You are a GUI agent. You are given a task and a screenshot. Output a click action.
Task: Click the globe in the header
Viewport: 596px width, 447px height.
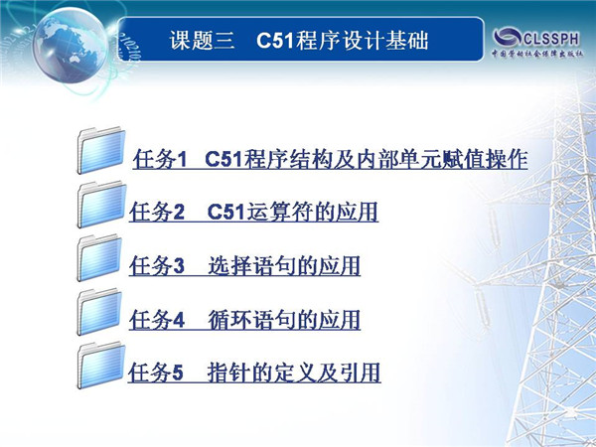pos(70,46)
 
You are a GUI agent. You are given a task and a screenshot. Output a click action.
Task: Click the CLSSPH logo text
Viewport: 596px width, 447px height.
pos(551,39)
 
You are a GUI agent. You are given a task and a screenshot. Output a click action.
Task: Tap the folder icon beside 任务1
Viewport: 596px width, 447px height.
pos(101,150)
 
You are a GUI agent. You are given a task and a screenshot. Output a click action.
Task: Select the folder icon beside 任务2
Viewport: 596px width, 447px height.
pos(101,205)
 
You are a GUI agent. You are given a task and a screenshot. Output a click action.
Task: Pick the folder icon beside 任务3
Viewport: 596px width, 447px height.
pos(99,258)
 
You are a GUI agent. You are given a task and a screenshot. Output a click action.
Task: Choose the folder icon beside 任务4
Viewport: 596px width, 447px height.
pos(99,313)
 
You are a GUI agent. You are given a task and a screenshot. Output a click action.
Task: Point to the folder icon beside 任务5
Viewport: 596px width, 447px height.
pos(101,366)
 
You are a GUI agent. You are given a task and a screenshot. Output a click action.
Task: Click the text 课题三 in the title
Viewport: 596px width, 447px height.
pos(202,41)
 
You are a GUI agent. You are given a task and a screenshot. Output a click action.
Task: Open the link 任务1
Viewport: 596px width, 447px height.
pos(160,159)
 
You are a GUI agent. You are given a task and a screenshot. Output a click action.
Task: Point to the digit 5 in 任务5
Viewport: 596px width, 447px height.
pos(178,372)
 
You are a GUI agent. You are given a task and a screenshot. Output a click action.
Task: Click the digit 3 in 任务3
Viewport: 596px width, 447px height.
pos(179,265)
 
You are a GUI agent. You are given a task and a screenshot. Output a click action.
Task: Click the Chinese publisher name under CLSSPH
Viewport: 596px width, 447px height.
pos(537,54)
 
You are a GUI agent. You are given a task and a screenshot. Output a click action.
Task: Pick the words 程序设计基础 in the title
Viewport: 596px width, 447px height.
pos(363,41)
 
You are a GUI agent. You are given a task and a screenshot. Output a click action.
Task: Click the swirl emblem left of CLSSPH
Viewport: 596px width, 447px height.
pos(508,37)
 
